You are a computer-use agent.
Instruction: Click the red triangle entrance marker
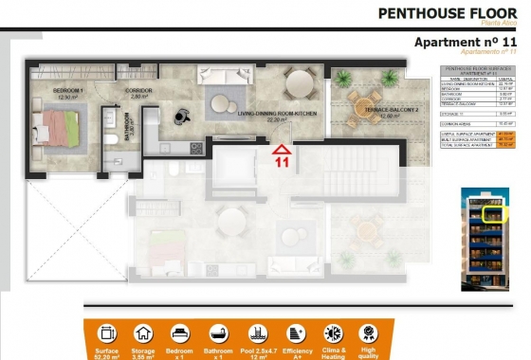(282, 148)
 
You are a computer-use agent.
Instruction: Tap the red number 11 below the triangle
(282, 162)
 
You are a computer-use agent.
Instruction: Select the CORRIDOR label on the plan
(137, 92)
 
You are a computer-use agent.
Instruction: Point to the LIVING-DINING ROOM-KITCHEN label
(276, 115)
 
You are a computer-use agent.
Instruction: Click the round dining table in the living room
(301, 82)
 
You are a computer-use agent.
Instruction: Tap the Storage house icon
(144, 334)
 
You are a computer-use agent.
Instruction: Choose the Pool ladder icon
(257, 334)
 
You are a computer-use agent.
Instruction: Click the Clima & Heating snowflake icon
(333, 334)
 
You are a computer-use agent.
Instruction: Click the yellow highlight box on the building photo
(493, 214)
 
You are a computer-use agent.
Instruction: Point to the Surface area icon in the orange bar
(106, 334)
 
